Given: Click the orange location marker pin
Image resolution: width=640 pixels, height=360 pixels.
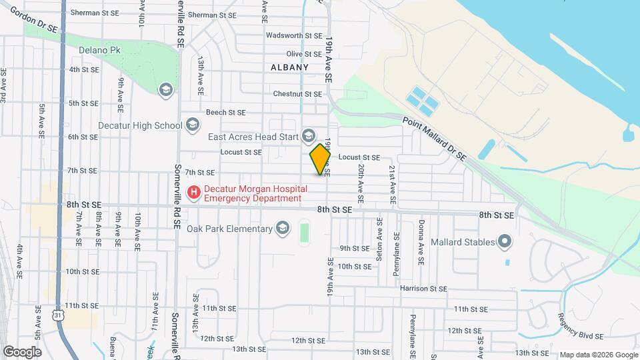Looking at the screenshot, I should [320, 159].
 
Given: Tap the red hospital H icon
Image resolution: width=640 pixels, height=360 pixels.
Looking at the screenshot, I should [194, 193].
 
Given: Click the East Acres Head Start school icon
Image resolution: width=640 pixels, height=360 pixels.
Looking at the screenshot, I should [308, 137].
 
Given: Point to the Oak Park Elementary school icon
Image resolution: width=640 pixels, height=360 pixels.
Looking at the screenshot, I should [282, 229].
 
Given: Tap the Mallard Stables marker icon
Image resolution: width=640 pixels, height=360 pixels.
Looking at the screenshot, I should [505, 241].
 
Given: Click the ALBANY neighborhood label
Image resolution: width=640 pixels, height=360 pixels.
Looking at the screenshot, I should [290, 67].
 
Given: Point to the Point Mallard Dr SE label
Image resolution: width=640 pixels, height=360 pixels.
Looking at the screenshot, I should [434, 136].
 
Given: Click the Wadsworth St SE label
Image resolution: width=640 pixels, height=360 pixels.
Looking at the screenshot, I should [294, 35].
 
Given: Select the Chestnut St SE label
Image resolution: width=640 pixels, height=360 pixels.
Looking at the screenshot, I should [297, 94].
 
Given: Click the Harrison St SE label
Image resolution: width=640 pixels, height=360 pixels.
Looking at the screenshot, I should [423, 289].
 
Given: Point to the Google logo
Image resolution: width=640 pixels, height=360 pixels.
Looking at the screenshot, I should [22, 351].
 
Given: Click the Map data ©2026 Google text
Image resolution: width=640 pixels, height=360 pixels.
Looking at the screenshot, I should [597, 354].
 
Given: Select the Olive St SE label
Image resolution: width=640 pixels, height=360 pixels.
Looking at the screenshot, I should [304, 54].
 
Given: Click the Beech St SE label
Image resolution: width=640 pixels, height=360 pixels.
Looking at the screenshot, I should [226, 113].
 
